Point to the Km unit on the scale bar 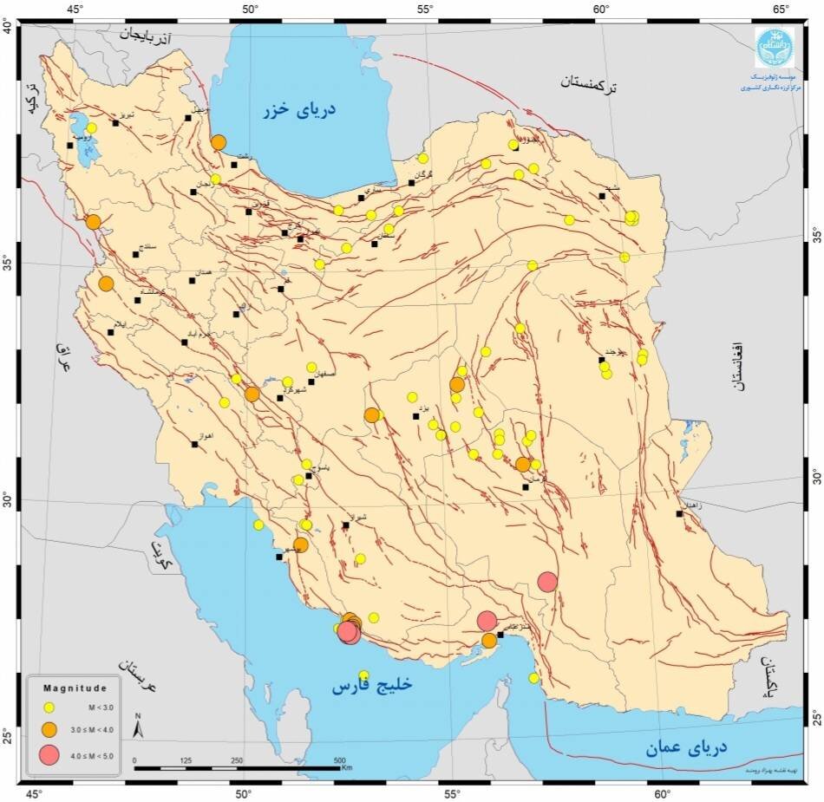tap(347, 766)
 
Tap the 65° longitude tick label tap(780, 10)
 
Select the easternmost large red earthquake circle tap(547, 582)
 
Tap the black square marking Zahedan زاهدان tap(679, 513)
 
